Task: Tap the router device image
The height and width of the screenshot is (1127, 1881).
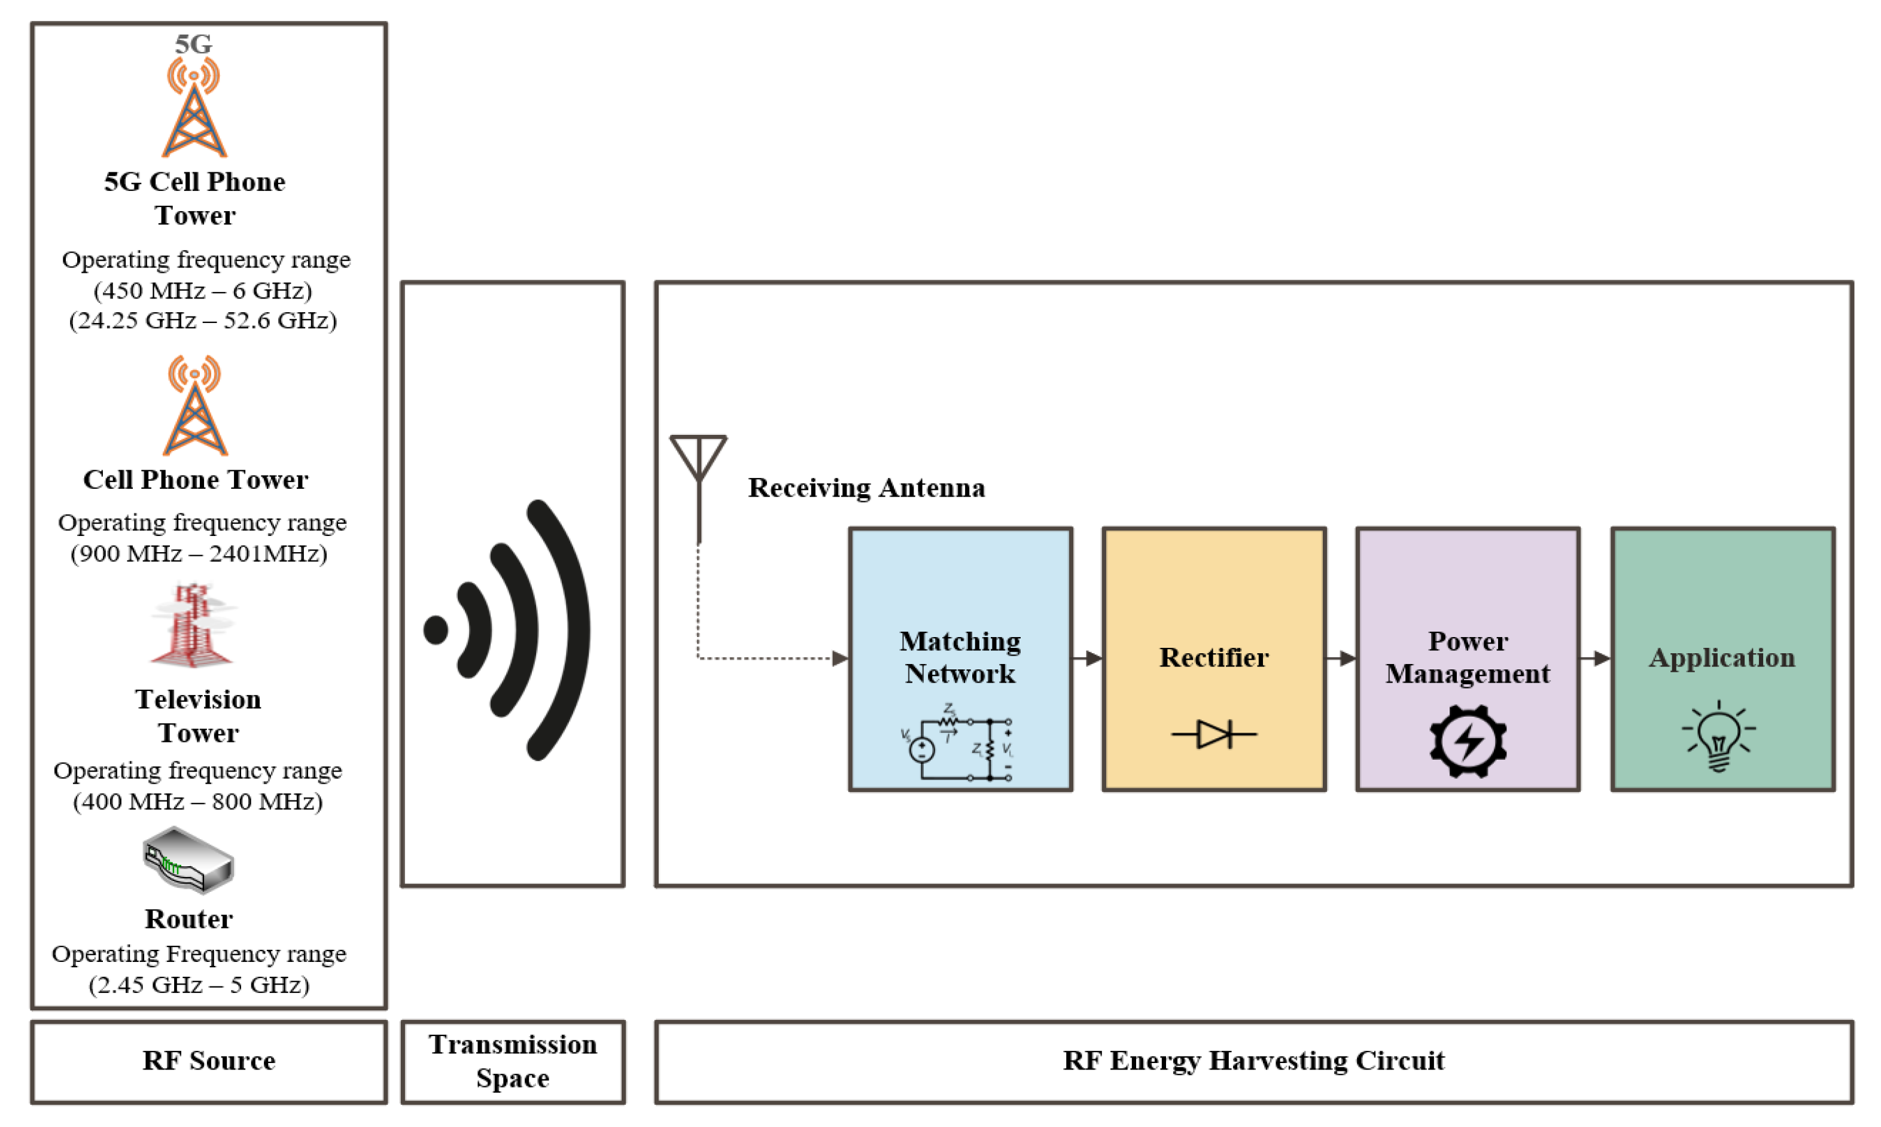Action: (188, 860)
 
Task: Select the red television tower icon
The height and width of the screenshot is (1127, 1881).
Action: (192, 626)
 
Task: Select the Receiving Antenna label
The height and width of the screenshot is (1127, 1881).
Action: (866, 488)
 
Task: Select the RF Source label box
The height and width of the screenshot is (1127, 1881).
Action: (209, 1061)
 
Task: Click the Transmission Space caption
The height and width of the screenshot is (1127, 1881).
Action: (513, 1061)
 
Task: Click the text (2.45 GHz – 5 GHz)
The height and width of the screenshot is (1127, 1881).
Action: (199, 985)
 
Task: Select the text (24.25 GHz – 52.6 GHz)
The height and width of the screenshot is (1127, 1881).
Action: (203, 321)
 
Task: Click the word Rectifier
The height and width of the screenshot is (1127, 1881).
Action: (1213, 657)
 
